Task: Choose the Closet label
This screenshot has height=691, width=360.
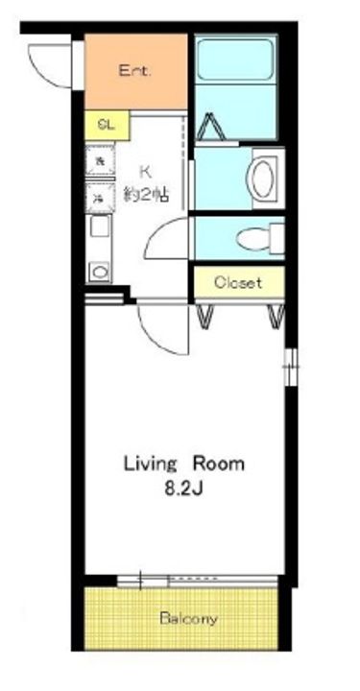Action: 237,283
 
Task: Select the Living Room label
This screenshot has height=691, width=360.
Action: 182,464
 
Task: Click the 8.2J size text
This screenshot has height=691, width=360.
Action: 181,489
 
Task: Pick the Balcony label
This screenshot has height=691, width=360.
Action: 188,619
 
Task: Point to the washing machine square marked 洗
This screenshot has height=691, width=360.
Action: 100,161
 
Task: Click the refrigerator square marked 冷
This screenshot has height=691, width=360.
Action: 100,198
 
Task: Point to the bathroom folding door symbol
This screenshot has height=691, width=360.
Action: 219,128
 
